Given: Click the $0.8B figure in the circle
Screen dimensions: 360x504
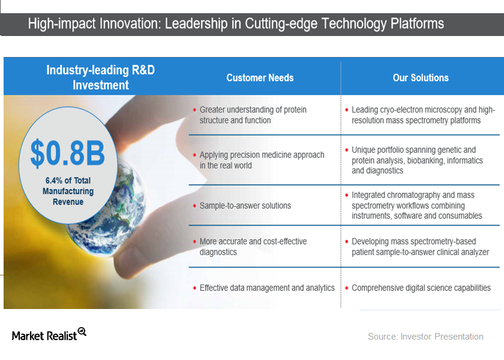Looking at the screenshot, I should [x=68, y=154].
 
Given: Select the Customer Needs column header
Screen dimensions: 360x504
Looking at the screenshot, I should [x=260, y=77].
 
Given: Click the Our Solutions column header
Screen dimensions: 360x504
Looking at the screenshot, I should [x=420, y=77].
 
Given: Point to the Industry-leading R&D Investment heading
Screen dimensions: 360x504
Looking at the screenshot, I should [x=100, y=77].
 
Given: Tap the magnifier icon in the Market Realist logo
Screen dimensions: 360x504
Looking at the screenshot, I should [x=82, y=331].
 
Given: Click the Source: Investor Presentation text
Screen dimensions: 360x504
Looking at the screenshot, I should [x=425, y=337].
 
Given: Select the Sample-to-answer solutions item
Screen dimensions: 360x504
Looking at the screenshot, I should [x=245, y=206].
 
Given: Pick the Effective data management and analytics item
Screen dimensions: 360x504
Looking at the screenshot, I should [x=267, y=288].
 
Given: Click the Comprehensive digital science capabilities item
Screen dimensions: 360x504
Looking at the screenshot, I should [x=421, y=288].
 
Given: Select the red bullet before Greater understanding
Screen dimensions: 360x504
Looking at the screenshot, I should [x=194, y=110].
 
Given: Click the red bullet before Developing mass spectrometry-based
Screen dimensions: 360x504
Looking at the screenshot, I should [x=347, y=242].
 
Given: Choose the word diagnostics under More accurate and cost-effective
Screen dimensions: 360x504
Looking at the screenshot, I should [x=218, y=252].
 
